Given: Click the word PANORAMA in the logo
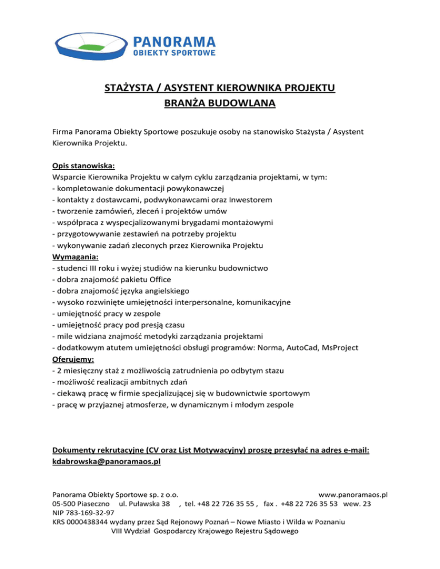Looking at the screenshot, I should [174, 41].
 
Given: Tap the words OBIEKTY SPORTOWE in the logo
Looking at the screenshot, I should [174, 53].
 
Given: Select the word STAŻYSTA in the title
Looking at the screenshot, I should [127, 88].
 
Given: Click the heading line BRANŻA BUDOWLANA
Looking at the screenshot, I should [221, 104].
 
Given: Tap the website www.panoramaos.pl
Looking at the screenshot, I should [353, 493].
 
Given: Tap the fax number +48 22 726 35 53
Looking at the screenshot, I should [310, 503].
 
